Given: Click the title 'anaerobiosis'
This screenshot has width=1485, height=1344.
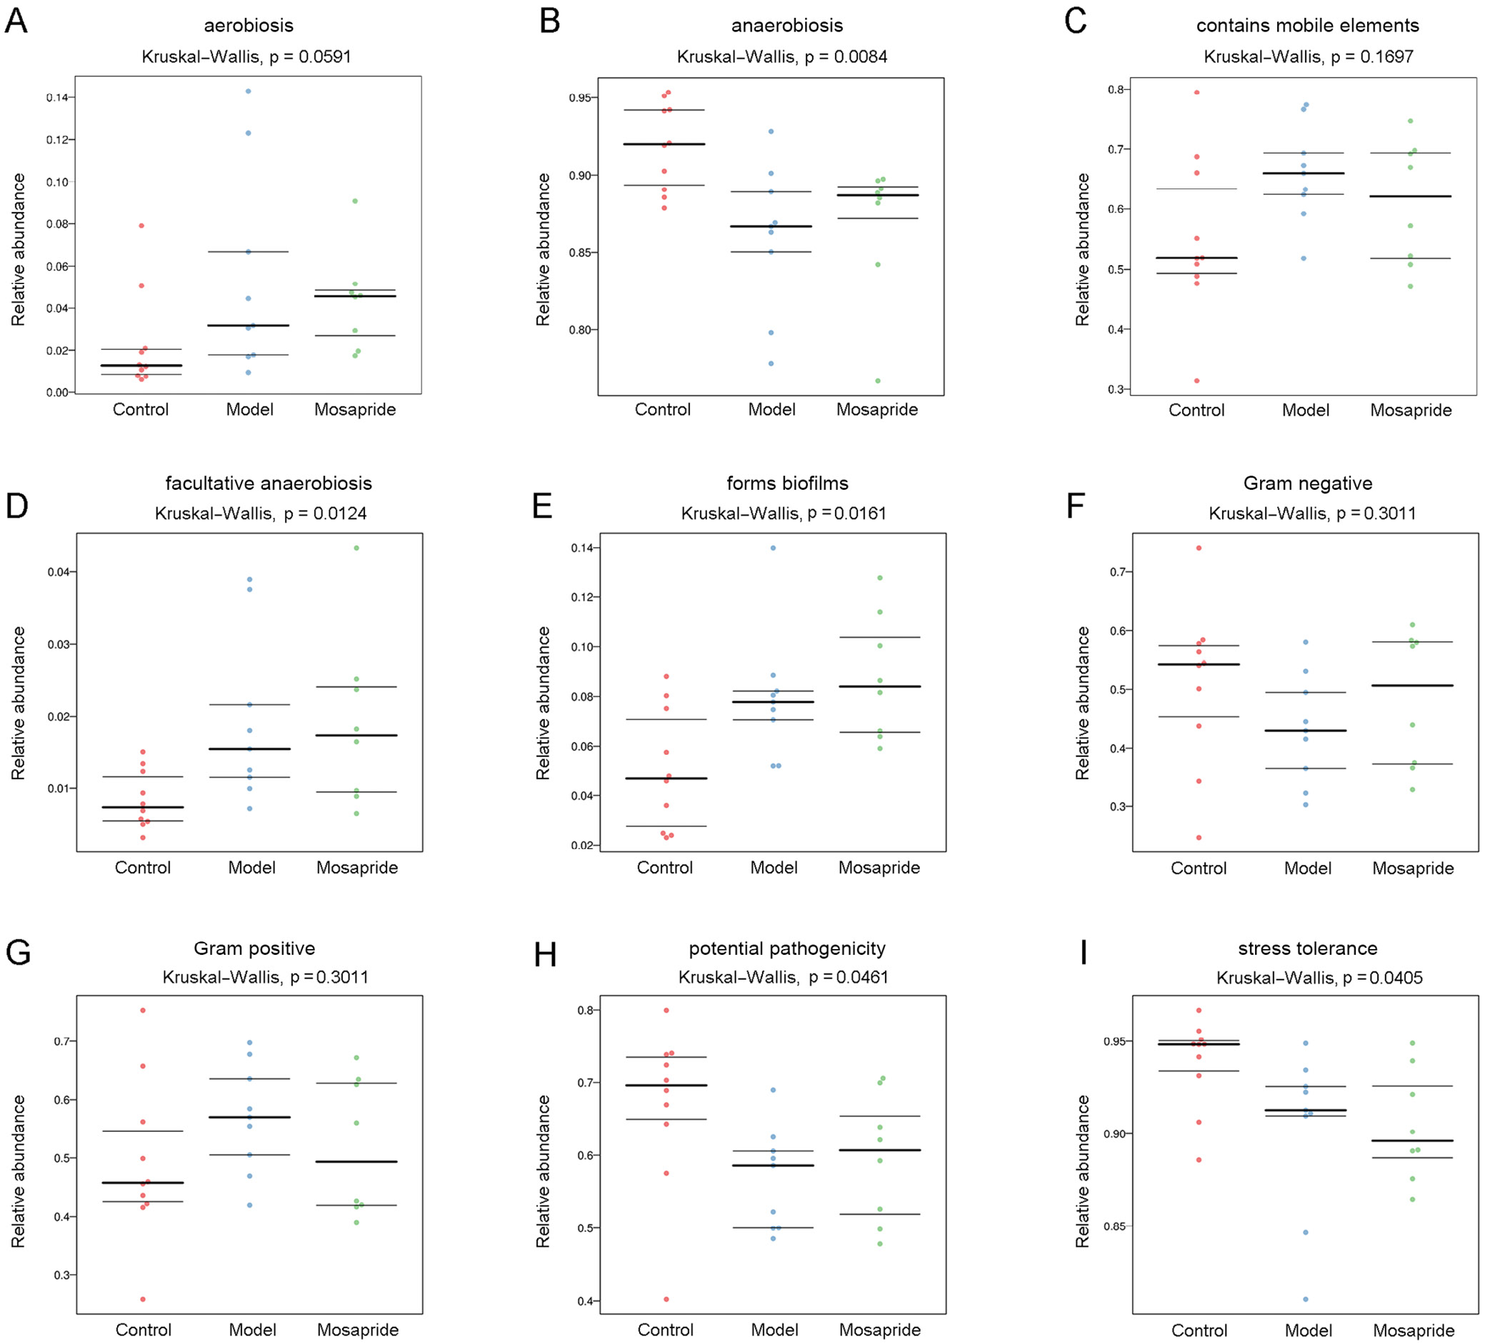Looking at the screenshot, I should (786, 26).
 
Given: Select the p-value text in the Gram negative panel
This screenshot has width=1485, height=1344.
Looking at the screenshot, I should (1312, 513).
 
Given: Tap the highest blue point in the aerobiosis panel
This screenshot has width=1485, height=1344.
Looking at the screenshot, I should (249, 91).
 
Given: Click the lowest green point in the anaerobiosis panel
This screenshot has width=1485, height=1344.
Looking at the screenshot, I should (878, 381).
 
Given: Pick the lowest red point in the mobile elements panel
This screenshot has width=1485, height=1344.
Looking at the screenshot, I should (1197, 381).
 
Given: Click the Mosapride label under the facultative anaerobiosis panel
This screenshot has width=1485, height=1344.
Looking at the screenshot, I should (357, 868).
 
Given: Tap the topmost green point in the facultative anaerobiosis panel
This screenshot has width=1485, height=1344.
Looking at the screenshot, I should (356, 548).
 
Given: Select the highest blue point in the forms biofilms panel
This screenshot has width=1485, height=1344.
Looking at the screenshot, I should (773, 548).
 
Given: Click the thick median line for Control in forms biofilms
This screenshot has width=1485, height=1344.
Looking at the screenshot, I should (665, 778).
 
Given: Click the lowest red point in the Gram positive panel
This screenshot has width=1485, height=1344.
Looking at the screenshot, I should (143, 1299).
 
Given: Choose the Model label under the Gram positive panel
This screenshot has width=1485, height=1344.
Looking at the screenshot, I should (252, 1330).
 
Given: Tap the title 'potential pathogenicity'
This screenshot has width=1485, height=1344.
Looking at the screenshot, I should (786, 948).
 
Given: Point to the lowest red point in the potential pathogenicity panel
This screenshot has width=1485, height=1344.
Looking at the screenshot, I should (666, 1299).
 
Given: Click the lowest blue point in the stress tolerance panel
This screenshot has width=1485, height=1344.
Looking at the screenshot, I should (1306, 1299).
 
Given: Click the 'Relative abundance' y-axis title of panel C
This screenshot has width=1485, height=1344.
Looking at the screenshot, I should (1082, 250).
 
